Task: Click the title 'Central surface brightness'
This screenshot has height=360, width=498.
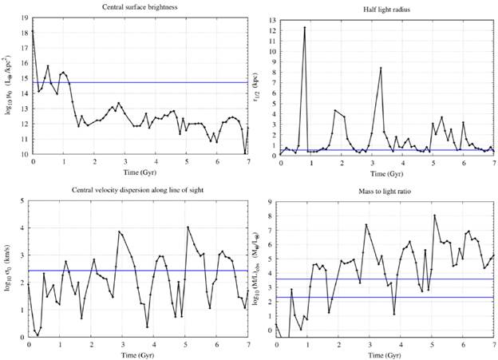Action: click(140, 7)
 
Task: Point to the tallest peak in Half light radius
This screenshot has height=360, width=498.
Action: click(305, 27)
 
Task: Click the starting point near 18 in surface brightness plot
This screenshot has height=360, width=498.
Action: click(33, 30)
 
